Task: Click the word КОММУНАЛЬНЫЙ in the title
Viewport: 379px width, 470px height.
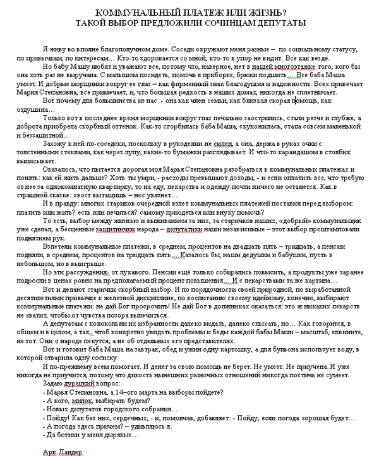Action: (126, 12)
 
